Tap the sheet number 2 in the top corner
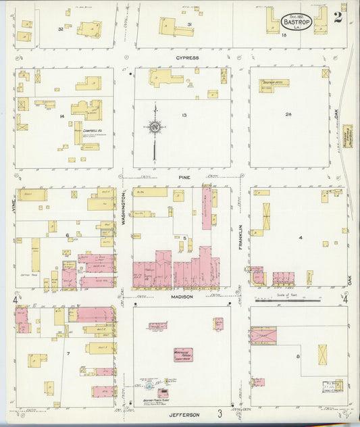(338, 17)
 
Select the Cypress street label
(187, 58)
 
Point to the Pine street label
(184, 177)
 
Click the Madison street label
(182, 297)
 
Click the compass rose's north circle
(155, 126)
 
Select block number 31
(190, 25)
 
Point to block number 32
(60, 29)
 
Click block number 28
(288, 114)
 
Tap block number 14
(61, 117)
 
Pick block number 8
(297, 355)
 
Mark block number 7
(68, 353)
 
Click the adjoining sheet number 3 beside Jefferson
(220, 413)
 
